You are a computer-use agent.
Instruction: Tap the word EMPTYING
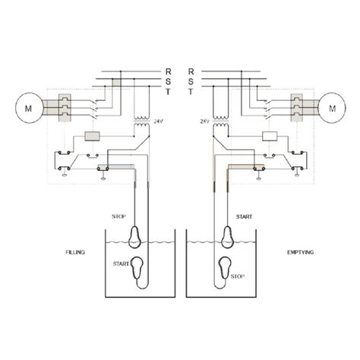pos(286,251)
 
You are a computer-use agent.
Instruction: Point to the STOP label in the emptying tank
pos(240,276)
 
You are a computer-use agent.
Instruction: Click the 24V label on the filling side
pos(158,120)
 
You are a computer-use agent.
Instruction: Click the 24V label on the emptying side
pos(204,120)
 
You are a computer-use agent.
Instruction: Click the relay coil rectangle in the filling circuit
pos(95,137)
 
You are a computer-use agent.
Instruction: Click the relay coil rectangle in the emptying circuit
pos(268,137)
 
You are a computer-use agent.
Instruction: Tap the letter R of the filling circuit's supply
pos(169,71)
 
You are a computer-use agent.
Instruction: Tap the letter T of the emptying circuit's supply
pos(191,91)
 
